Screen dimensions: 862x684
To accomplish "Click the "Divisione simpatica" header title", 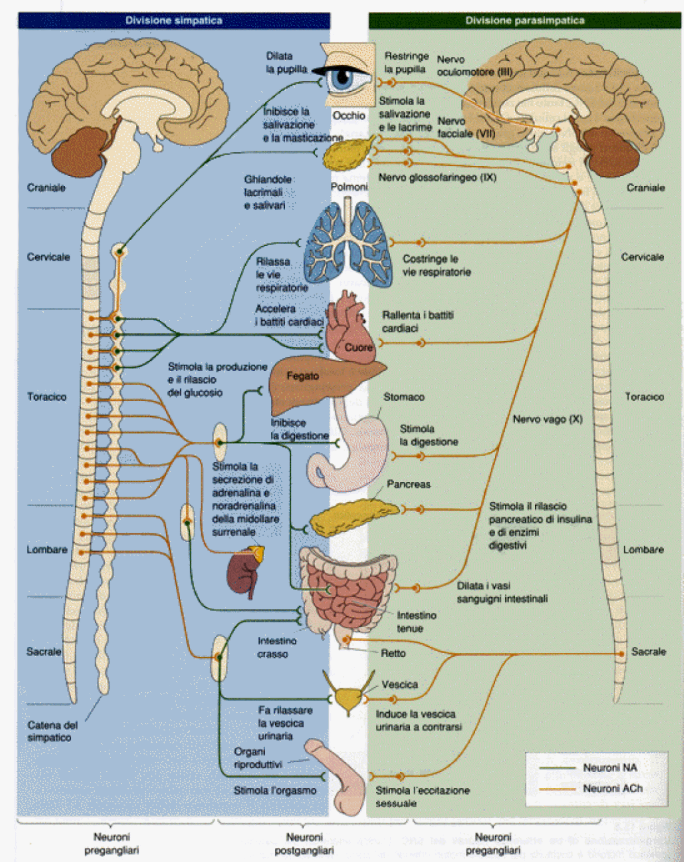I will (173, 20).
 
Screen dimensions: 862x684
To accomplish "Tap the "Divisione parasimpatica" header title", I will (525, 20).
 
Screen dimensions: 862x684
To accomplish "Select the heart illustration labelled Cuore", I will (349, 328).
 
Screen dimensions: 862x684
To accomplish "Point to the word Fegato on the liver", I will (302, 376).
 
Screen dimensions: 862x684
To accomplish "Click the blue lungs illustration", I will (348, 245).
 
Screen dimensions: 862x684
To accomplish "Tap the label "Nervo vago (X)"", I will (547, 419).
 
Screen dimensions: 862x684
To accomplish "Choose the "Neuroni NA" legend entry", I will (610, 767).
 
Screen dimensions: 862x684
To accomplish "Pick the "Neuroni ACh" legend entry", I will (612, 788).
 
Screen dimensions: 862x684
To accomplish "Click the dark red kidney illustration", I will (243, 573).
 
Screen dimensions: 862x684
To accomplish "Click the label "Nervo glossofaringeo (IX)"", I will (437, 178).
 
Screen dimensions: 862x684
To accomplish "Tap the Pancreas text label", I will (408, 484).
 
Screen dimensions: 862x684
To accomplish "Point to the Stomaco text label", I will (404, 397).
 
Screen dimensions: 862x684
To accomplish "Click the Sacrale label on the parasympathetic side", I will (648, 651).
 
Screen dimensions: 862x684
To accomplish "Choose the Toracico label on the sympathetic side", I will (47, 397).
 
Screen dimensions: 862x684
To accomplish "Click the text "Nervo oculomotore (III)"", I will (473, 66).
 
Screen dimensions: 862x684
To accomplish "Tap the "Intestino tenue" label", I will (416, 622).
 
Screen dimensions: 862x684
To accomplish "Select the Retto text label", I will (393, 653).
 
